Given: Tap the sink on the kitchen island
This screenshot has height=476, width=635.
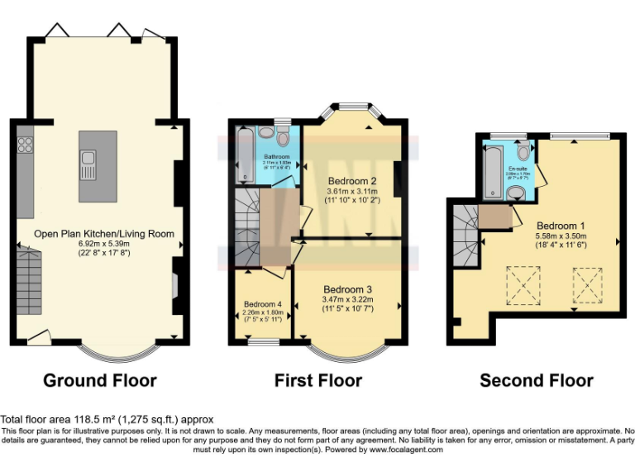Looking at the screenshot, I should point(88,164).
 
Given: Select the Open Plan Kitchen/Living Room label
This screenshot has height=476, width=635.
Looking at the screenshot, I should point(104,234).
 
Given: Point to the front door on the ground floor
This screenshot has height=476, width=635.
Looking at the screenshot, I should point(36,337).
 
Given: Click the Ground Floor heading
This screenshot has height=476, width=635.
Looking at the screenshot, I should point(99,380).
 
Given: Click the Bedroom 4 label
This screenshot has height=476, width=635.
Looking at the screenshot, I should point(263,304).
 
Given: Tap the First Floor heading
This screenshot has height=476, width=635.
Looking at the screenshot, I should point(317,380).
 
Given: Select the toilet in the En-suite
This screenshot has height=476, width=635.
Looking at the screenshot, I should point(523,154).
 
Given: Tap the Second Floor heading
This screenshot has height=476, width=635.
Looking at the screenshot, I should point(537,380).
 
